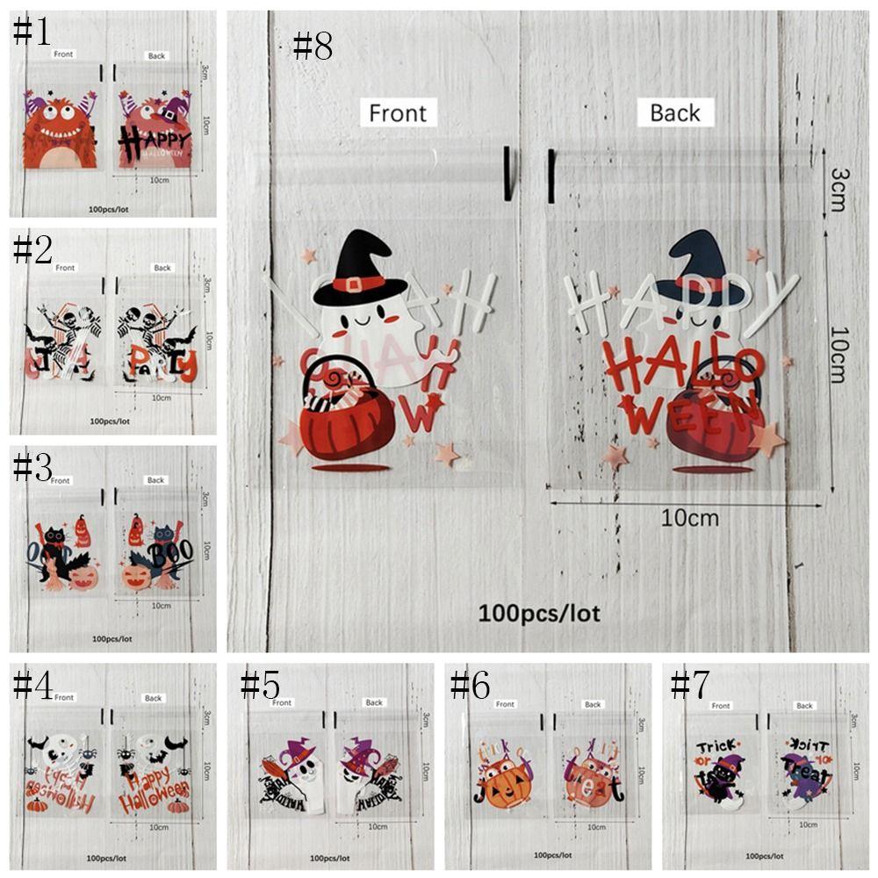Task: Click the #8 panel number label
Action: (313, 46)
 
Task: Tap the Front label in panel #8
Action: (398, 113)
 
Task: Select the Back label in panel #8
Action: (675, 112)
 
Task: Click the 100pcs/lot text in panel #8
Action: (539, 612)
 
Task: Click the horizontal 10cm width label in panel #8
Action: (689, 518)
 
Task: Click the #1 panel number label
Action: (32, 32)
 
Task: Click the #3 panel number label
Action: (32, 467)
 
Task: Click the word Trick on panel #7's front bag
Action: (715, 747)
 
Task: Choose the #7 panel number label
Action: (691, 685)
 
